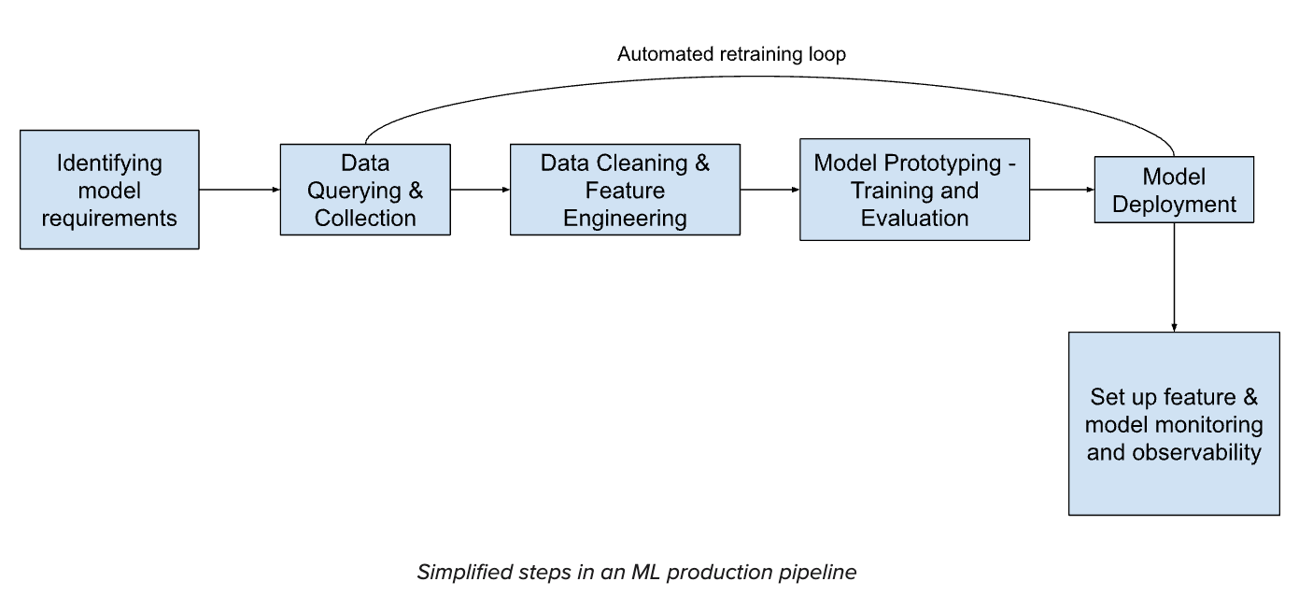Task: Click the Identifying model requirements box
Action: click(x=109, y=190)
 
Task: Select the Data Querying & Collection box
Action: click(x=365, y=190)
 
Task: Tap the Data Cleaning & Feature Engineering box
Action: click(x=625, y=190)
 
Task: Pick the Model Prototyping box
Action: click(x=914, y=190)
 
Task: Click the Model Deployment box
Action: click(x=1174, y=190)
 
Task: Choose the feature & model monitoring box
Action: click(x=1174, y=423)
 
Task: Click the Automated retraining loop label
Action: click(x=731, y=54)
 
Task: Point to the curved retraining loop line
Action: click(x=766, y=77)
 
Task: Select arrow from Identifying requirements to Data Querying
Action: click(x=239, y=190)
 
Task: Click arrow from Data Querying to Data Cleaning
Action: click(x=480, y=190)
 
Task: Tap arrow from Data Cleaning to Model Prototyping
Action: click(x=769, y=190)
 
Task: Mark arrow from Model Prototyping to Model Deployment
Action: click(x=1062, y=190)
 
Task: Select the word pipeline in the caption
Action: click(x=817, y=572)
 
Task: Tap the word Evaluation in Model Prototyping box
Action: click(x=914, y=219)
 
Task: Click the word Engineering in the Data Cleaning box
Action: click(x=625, y=219)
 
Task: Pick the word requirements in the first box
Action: click(x=109, y=219)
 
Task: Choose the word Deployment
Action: click(x=1174, y=205)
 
